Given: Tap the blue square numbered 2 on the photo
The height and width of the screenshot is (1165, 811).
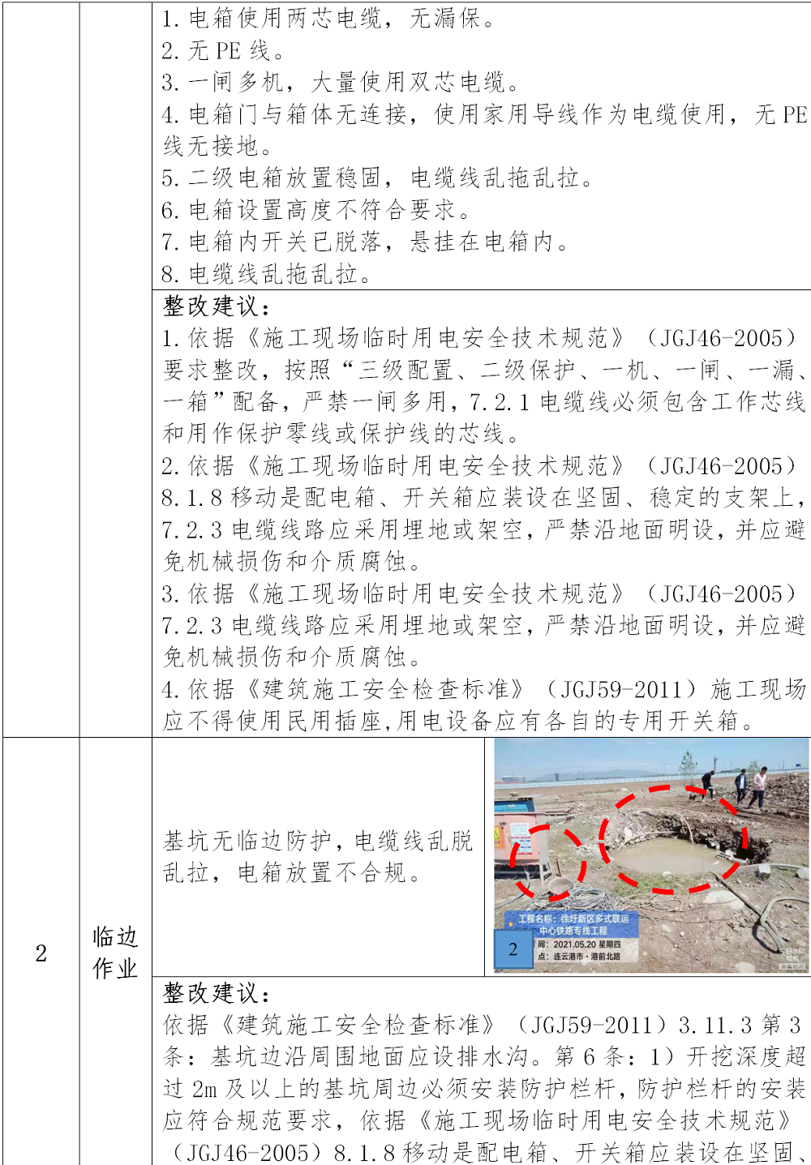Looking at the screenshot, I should tap(513, 950).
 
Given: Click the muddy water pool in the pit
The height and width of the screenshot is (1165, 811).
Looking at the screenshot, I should tap(672, 856).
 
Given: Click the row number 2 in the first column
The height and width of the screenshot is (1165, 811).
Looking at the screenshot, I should tap(41, 953).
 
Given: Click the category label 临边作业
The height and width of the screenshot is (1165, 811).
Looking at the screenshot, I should tap(115, 953).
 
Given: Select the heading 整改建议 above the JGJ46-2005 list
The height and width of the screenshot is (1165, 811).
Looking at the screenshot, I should tap(217, 306).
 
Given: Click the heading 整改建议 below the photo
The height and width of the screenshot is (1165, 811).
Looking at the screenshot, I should tap(217, 993).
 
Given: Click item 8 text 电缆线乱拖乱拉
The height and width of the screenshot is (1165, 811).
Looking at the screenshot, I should tap(280, 275).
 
